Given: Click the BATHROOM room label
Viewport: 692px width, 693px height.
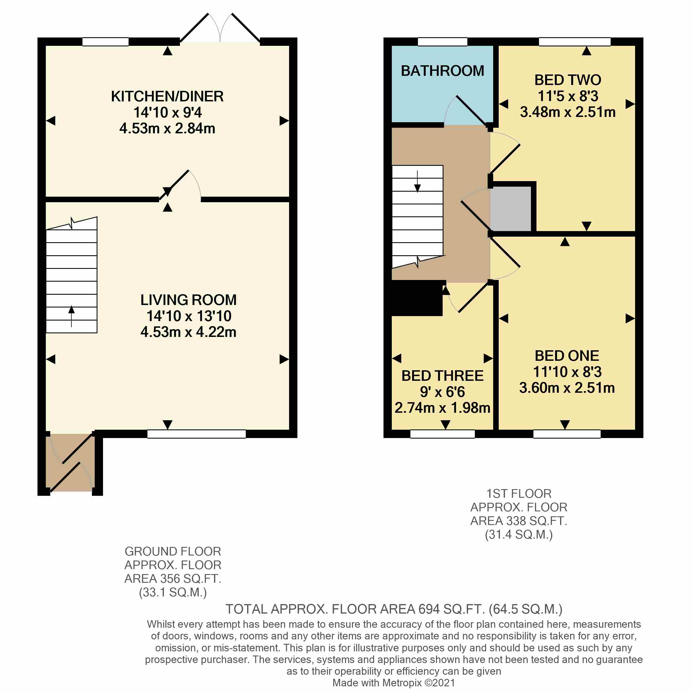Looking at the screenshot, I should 442,71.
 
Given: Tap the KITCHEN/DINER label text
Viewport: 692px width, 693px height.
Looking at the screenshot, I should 167,96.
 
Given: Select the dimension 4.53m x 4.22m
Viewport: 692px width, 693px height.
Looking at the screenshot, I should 188,332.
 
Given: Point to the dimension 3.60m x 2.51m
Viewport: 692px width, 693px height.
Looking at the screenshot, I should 566,388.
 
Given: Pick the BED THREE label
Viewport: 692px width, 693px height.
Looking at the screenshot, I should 442,376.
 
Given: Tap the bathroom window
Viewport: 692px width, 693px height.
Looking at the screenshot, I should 442,42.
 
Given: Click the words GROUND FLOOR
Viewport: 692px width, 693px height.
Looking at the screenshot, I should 172,551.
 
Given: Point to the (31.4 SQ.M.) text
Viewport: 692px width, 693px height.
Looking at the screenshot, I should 518,534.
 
